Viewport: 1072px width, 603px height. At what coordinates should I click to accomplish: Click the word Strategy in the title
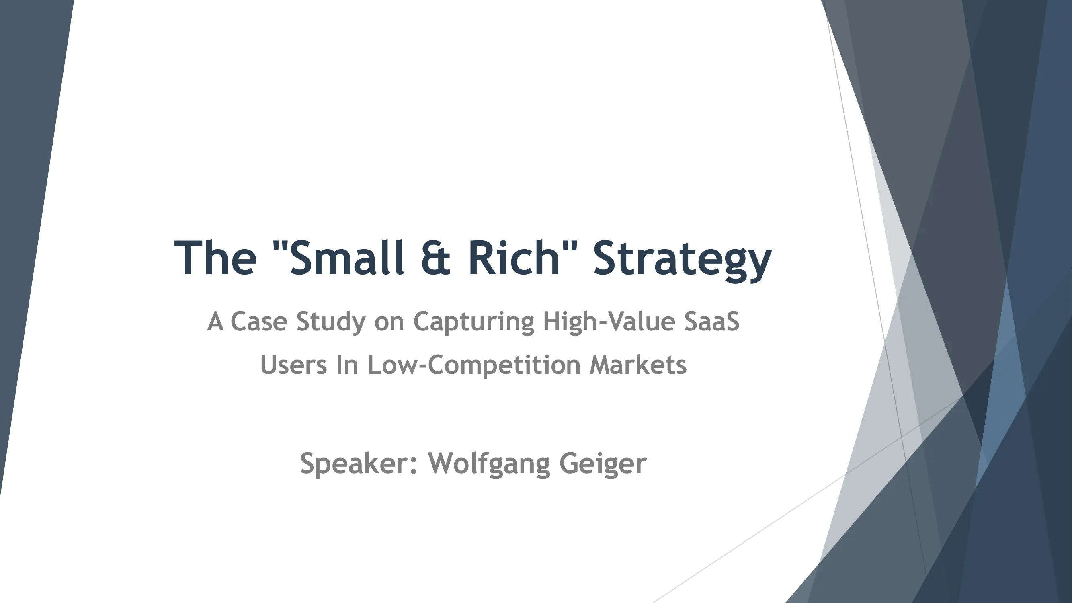click(x=682, y=259)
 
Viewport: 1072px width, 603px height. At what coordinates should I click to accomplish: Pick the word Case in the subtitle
click(x=258, y=322)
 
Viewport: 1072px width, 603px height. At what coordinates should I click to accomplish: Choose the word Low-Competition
click(x=474, y=365)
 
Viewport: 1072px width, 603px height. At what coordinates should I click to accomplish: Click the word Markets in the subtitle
click(x=638, y=365)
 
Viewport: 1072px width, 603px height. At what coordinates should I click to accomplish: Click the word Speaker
click(x=358, y=464)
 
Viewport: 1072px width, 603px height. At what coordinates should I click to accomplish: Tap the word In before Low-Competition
click(x=346, y=365)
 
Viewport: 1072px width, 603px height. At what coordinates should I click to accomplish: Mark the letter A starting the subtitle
click(x=215, y=322)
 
